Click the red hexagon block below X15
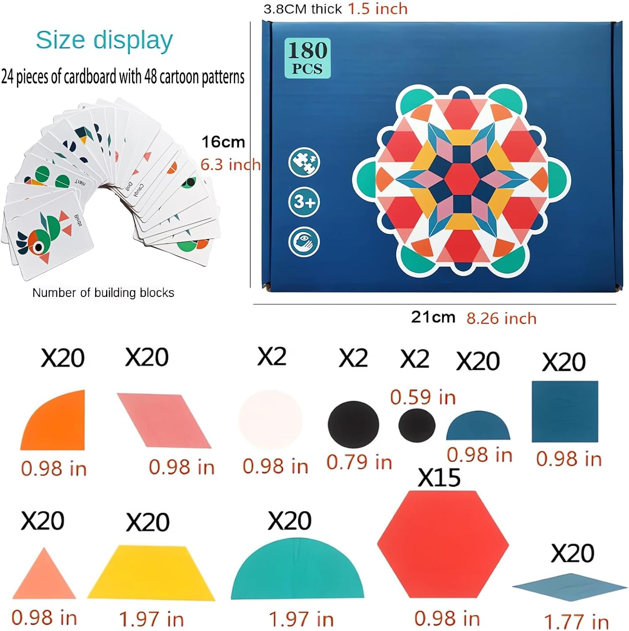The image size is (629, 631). click(443, 544)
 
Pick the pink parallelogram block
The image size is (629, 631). click(164, 420)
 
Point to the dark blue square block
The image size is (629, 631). click(565, 411)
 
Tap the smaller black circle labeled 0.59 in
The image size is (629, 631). click(417, 425)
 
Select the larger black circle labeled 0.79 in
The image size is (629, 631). click(353, 424)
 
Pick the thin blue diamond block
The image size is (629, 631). click(570, 585)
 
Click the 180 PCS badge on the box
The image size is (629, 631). click(308, 58)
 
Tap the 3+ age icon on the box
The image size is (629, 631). click(304, 201)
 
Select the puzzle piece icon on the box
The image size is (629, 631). click(304, 162)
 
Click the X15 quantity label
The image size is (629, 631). click(439, 478)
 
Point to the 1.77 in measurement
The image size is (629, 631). click(576, 621)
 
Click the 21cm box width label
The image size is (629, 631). click(433, 317)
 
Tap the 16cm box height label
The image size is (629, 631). click(223, 142)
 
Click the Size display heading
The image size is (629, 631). click(104, 40)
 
